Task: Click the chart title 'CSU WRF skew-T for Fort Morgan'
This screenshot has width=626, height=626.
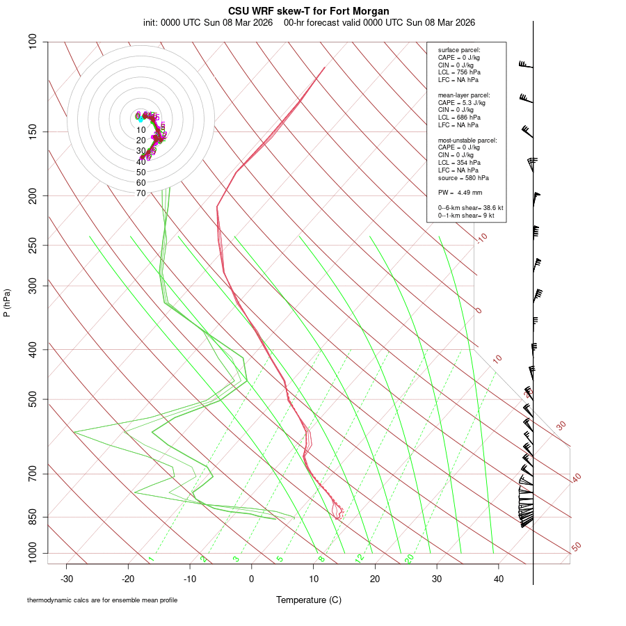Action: coord(309,11)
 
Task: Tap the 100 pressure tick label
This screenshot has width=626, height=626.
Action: coord(32,42)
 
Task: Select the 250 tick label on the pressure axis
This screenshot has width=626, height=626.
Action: coord(32,245)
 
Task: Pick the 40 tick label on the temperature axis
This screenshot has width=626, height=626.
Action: coord(499,579)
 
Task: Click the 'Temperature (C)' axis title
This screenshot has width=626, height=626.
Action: coord(309,600)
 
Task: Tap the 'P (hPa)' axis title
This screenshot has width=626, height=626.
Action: coord(7,303)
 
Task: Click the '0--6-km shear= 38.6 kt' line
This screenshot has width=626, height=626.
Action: coord(470,208)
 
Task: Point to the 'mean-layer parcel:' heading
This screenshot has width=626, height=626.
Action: coord(464,95)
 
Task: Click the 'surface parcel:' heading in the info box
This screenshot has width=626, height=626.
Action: coord(459,50)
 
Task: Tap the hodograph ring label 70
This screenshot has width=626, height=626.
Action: coord(141,193)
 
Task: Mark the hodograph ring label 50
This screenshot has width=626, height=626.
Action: coord(141,172)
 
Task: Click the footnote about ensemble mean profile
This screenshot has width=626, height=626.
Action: coord(102,600)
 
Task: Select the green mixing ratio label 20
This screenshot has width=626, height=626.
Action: coord(410,558)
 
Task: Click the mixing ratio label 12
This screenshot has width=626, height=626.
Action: coord(360,558)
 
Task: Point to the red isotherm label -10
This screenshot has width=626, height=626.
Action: coord(481,238)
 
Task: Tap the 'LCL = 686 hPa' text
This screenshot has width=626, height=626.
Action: coord(458,118)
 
